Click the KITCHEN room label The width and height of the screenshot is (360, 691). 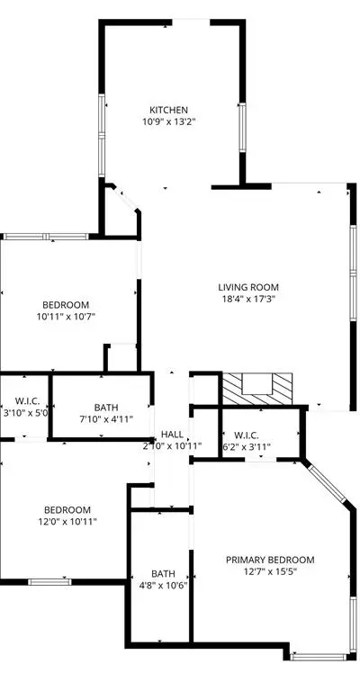[x=168, y=110]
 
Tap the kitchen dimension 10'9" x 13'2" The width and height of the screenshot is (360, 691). [x=168, y=121]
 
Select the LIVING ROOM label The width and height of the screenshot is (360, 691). [x=248, y=287]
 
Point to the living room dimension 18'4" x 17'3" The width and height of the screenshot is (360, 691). [x=248, y=300]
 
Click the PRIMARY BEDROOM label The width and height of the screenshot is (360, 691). [x=270, y=560]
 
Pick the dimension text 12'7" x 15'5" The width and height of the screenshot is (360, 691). [x=270, y=571]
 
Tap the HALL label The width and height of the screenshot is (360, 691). [x=172, y=435]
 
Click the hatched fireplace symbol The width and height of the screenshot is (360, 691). [x=257, y=389]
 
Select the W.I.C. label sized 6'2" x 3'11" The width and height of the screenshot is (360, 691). [x=247, y=435]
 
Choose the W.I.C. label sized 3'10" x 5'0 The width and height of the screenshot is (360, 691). [x=27, y=401]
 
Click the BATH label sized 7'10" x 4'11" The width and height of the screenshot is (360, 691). [x=106, y=408]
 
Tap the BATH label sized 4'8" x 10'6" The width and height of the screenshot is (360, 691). [x=163, y=574]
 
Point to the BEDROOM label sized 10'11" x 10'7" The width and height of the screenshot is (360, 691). [x=66, y=304]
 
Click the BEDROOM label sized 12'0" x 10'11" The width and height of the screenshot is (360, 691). [x=67, y=510]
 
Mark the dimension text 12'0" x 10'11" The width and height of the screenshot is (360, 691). [x=67, y=522]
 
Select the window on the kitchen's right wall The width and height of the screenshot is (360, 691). [x=242, y=128]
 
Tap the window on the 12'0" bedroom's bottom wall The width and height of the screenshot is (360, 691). [x=49, y=582]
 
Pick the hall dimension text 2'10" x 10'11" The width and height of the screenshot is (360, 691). [x=172, y=446]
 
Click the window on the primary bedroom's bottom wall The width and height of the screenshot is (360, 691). [x=319, y=657]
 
